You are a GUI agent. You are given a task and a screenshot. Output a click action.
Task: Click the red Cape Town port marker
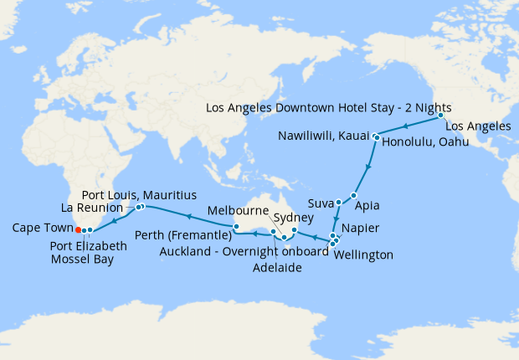coord(77,229)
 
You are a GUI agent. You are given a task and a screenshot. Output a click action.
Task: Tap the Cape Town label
coord(40,228)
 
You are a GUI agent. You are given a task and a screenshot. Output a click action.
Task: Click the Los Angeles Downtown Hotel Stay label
coord(328,108)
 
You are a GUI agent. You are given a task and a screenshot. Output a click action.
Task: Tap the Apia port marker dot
coord(353,195)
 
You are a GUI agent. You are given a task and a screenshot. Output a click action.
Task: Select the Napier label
coord(365,229)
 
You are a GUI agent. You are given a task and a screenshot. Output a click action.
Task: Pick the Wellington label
coord(362,255)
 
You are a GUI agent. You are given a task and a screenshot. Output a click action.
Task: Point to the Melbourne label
coord(238,210)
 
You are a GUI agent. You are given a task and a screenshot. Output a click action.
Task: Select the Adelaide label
coord(277,268)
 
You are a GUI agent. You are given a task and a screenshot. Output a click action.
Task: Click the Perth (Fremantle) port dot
coord(237,227)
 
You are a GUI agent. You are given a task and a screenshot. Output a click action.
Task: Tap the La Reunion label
coord(95,207)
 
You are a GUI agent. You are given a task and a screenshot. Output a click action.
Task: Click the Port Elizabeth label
coord(88,246)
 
